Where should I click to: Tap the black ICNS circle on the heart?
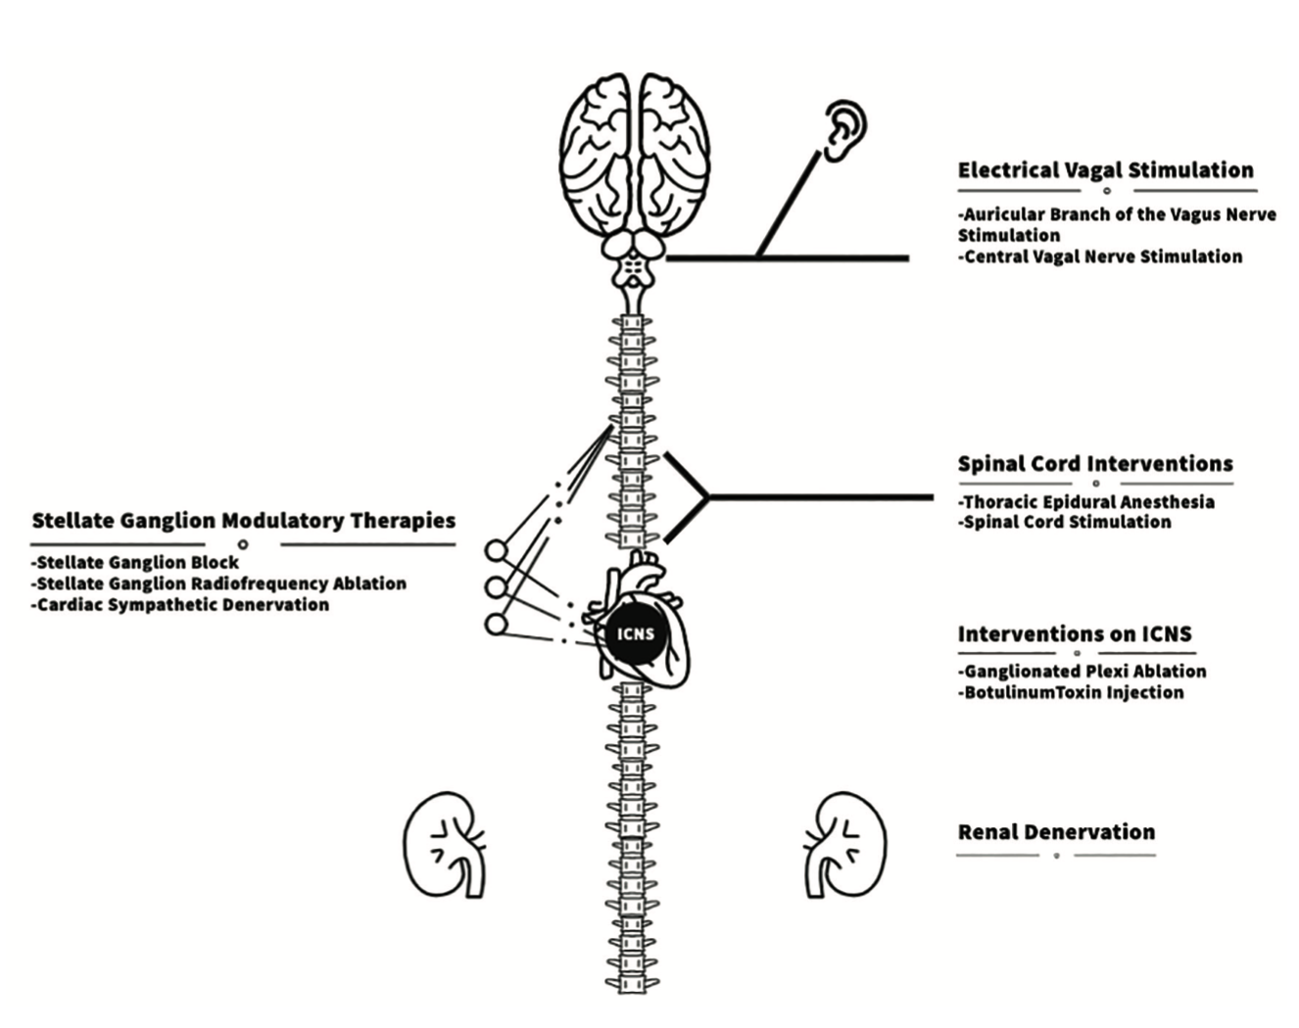(635, 633)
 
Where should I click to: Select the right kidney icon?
(844, 845)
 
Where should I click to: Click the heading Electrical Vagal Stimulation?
(1105, 170)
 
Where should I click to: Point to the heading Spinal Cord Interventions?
(1094, 464)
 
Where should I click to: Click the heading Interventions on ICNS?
(1074, 634)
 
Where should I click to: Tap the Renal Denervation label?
(1056, 832)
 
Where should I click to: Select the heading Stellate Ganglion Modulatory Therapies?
(243, 521)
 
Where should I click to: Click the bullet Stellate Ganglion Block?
(136, 563)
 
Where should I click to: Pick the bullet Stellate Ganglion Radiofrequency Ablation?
(219, 584)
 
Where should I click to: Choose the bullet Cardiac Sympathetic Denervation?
(181, 605)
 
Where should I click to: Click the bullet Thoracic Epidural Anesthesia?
(1086, 502)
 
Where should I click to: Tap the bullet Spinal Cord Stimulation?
(1065, 523)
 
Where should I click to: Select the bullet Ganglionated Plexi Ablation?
(1082, 672)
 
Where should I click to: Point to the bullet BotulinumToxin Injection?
(1071, 693)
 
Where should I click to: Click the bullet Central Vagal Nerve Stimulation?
(1100, 257)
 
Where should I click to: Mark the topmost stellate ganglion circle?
(497, 551)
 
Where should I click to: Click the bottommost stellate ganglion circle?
(497, 624)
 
